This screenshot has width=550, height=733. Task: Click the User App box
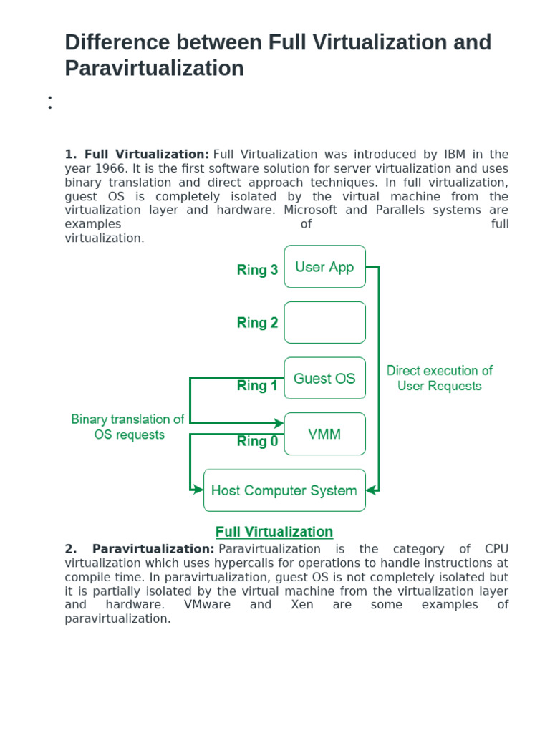(x=324, y=267)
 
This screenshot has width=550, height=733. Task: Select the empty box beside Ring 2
(x=324, y=322)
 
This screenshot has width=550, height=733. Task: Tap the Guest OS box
(x=324, y=379)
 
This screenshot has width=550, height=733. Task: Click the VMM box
(x=324, y=434)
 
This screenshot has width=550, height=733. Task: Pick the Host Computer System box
(x=284, y=490)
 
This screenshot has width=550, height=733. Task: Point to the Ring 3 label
(x=257, y=270)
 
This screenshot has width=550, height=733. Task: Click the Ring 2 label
(x=257, y=323)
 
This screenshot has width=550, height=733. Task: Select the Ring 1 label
(x=257, y=386)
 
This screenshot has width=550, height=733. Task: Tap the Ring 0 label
(x=257, y=442)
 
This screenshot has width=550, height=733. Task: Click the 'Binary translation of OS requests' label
(x=128, y=427)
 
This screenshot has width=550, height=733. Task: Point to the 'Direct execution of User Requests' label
(x=440, y=378)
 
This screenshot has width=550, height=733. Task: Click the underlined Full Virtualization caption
(x=274, y=532)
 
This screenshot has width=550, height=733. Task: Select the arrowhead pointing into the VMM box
(x=279, y=424)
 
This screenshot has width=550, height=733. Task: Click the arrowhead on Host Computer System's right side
(x=370, y=490)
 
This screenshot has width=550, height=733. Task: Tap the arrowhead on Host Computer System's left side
(x=199, y=490)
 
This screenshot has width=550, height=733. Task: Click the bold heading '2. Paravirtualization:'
(x=140, y=549)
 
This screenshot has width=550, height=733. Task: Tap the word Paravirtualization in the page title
(x=154, y=69)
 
